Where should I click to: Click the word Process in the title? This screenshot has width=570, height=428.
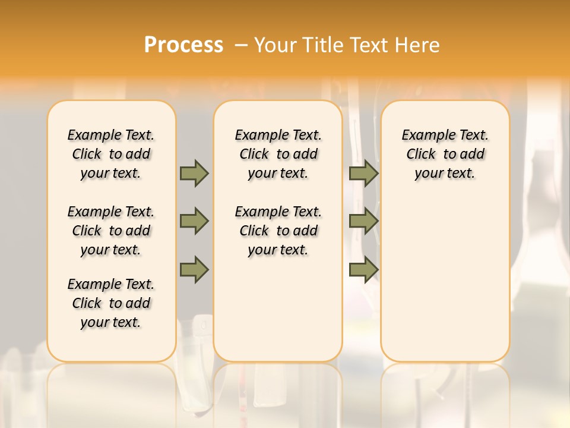pyautogui.click(x=183, y=45)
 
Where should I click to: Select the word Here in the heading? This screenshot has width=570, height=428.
pyautogui.click(x=417, y=45)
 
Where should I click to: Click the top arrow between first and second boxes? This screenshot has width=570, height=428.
pyautogui.click(x=194, y=174)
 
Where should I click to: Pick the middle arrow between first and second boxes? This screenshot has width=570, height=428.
pyautogui.click(x=194, y=222)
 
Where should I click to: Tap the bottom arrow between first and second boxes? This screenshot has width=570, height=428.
pyautogui.click(x=194, y=269)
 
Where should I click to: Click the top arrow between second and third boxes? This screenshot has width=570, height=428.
pyautogui.click(x=363, y=174)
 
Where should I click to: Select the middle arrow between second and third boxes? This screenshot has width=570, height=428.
pyautogui.click(x=363, y=222)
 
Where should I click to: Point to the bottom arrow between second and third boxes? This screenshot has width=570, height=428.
pyautogui.click(x=363, y=269)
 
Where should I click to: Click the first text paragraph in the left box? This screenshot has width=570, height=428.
pyautogui.click(x=111, y=154)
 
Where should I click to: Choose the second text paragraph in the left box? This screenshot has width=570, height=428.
pyautogui.click(x=111, y=231)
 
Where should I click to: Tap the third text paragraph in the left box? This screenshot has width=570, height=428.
pyautogui.click(x=111, y=303)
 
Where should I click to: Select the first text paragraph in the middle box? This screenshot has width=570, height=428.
pyautogui.click(x=278, y=154)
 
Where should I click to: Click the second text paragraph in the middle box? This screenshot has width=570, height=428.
pyautogui.click(x=278, y=231)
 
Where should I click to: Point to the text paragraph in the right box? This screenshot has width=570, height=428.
pyautogui.click(x=445, y=154)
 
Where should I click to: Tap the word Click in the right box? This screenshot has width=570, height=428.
pyautogui.click(x=421, y=155)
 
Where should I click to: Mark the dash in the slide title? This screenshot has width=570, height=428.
pyautogui.click(x=241, y=45)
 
